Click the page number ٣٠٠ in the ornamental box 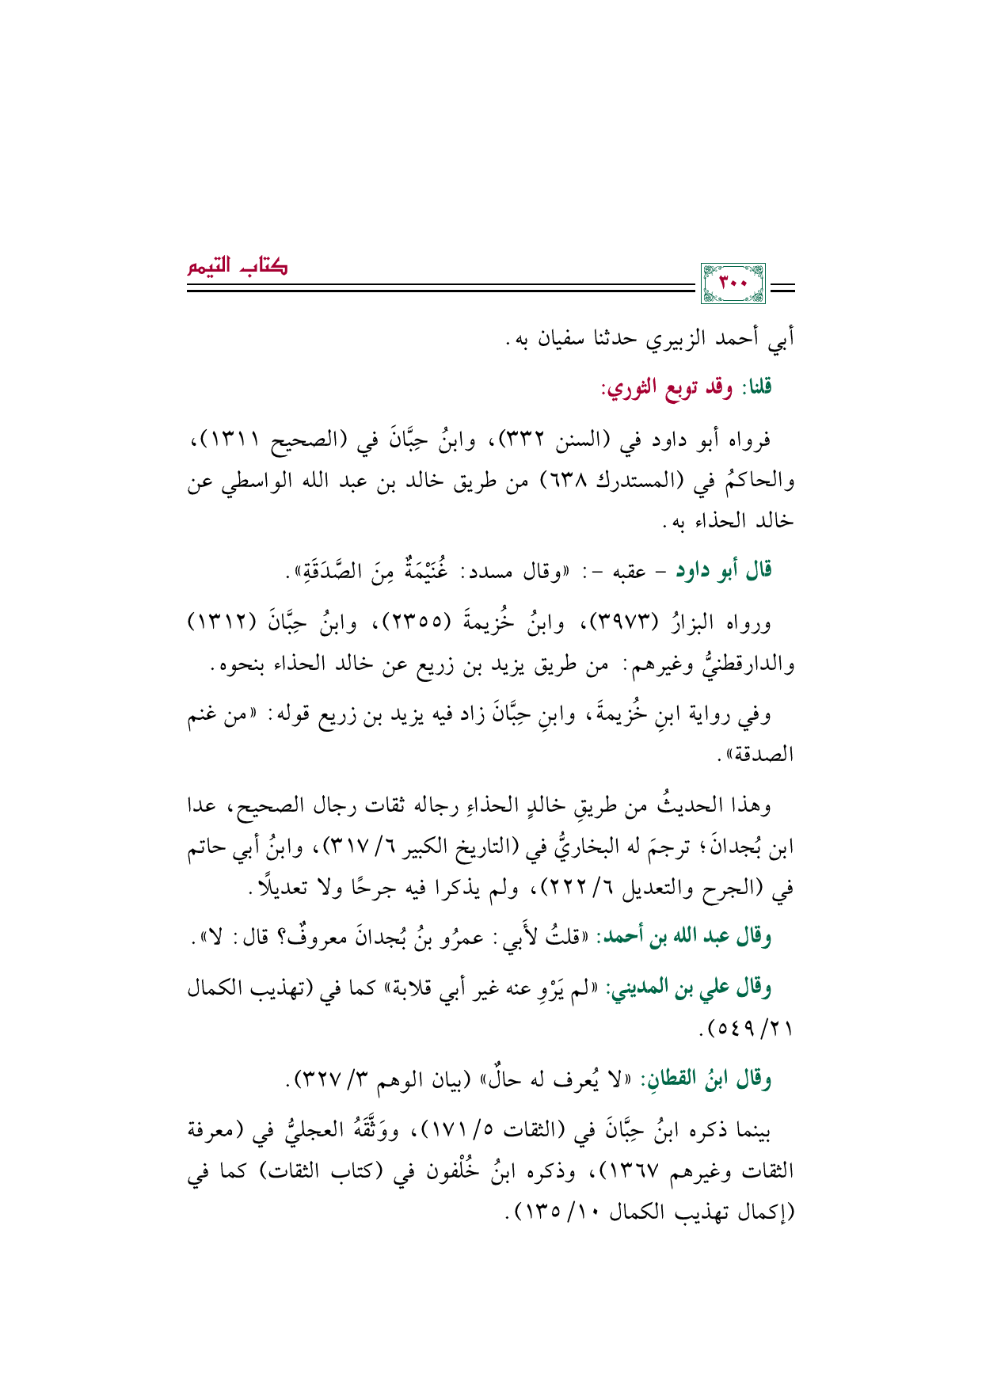[733, 284]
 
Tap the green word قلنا [756, 387]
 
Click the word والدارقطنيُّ [741, 664]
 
